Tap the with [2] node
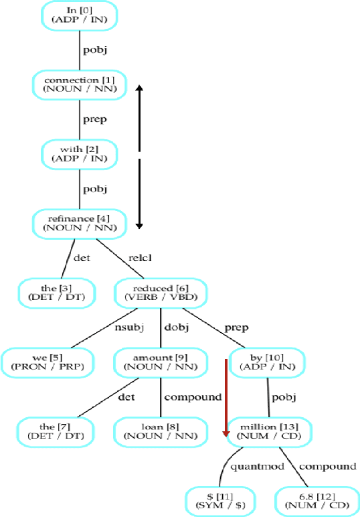point(80,155)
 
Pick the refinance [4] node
point(80,223)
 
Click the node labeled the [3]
point(56,292)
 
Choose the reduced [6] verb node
point(161,292)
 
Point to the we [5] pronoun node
point(47,362)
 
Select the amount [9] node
point(161,362)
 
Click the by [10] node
point(267,362)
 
